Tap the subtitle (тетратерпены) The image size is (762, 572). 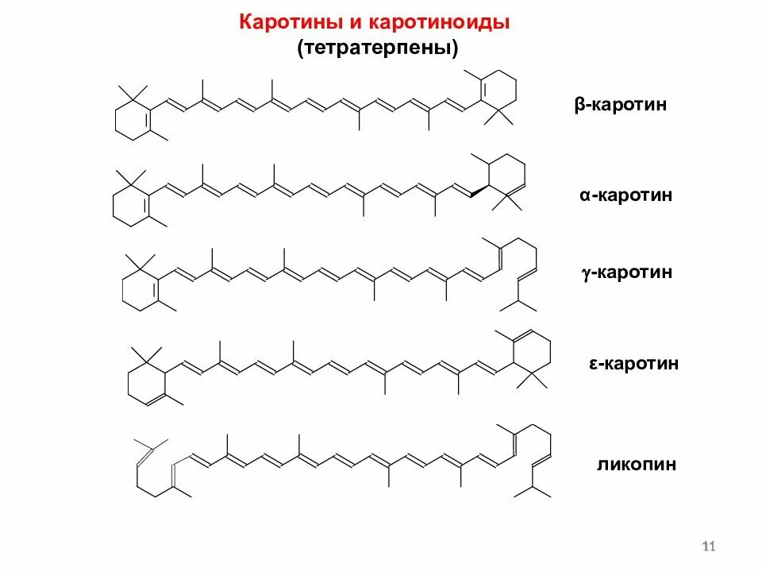[379, 48]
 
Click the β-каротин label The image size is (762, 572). [621, 105]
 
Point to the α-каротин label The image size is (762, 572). [626, 195]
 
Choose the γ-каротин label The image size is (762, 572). [626, 272]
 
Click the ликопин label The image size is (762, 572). [637, 464]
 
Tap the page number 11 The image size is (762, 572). [710, 546]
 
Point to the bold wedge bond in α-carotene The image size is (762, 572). [476, 191]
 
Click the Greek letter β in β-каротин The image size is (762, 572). [579, 105]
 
